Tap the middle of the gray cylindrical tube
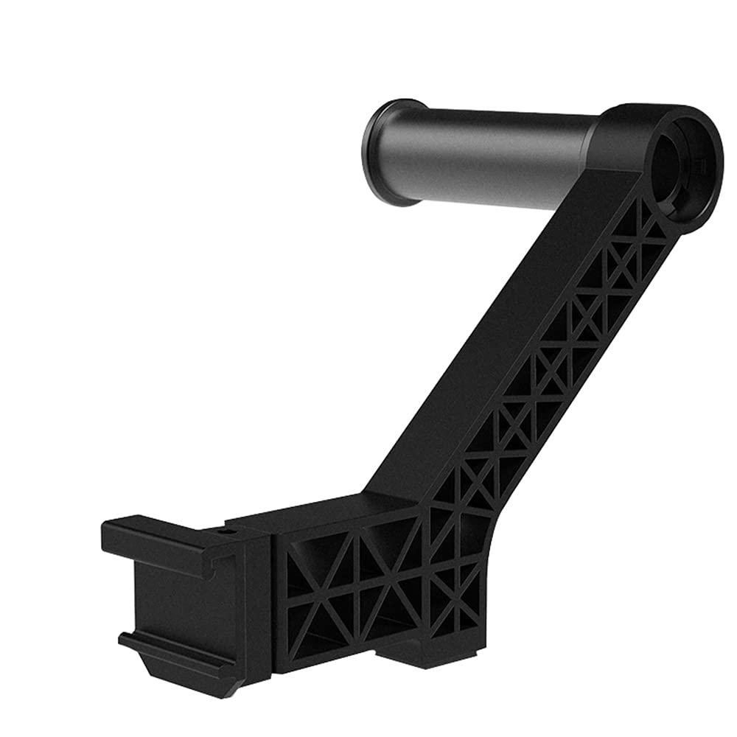click(486, 158)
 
